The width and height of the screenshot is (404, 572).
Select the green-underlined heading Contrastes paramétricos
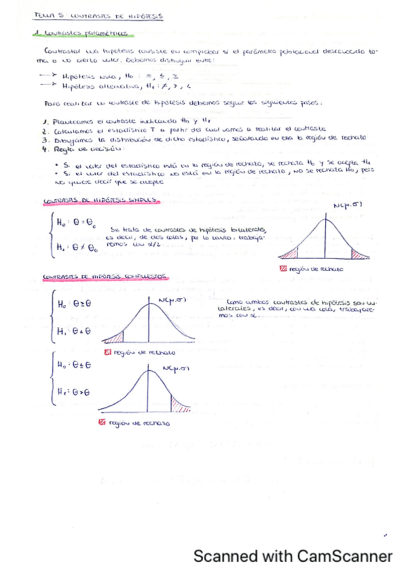83,34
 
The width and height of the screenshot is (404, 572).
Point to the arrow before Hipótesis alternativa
47,86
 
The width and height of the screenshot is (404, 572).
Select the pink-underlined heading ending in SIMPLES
98,202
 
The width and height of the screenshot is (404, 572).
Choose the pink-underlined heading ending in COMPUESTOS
105,277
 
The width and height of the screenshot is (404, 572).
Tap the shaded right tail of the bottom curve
181,405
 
